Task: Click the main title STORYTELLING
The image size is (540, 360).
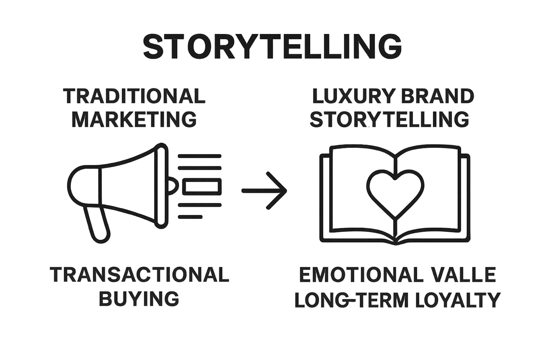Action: (x=272, y=47)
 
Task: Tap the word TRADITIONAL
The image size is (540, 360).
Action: (x=134, y=96)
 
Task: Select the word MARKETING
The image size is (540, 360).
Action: (x=134, y=119)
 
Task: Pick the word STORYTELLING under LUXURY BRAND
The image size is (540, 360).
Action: (x=389, y=119)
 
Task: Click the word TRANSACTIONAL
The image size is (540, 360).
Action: (x=139, y=275)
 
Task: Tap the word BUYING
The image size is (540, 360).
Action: (x=139, y=298)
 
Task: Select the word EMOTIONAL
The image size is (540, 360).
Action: (x=361, y=275)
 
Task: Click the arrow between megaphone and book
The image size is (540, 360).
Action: (x=264, y=191)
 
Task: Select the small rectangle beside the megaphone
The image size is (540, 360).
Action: (x=202, y=186)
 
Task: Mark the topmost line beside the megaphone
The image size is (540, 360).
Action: (x=200, y=156)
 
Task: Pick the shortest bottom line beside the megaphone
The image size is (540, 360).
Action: (x=190, y=217)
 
